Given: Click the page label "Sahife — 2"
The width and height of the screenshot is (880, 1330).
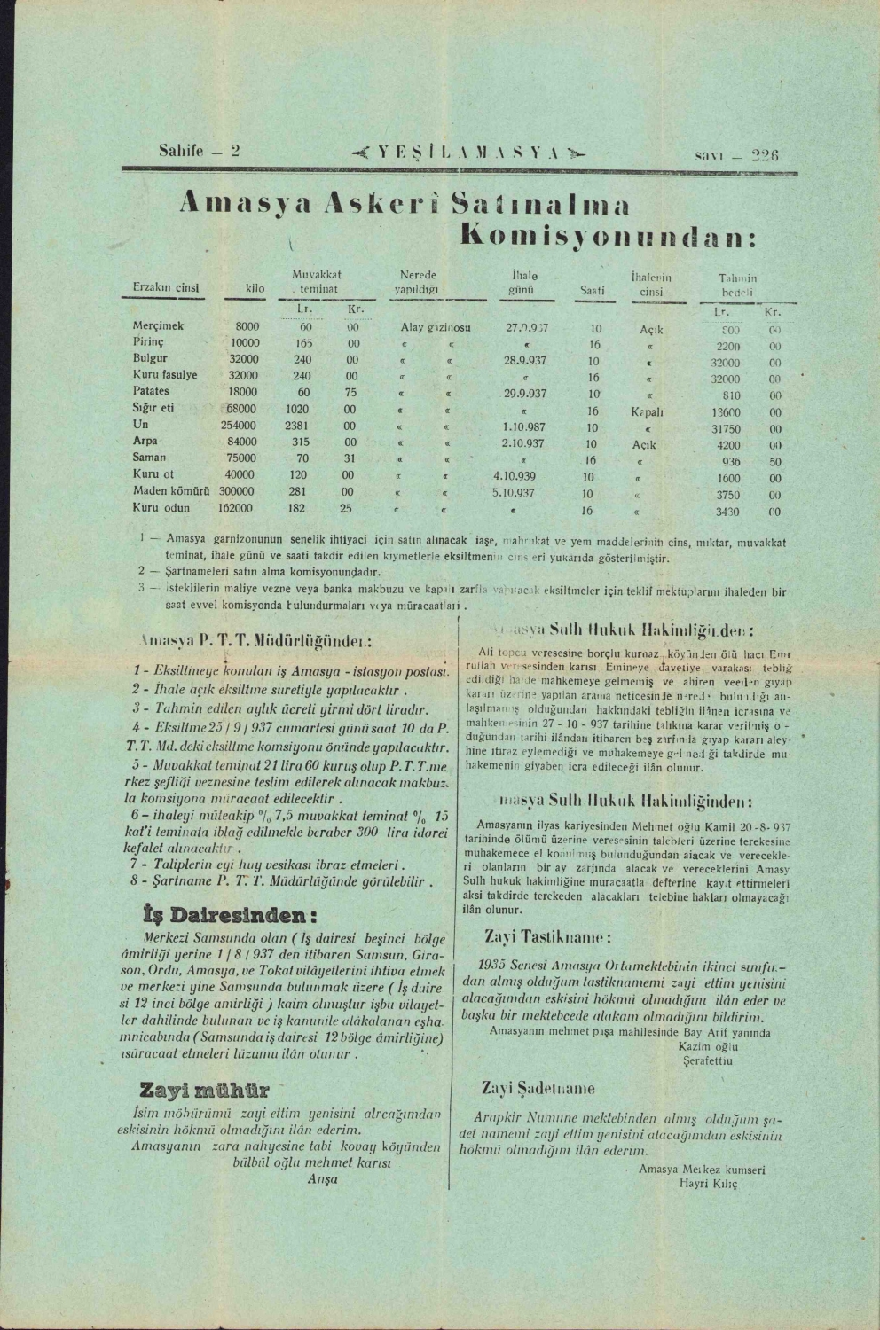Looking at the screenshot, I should (x=199, y=151).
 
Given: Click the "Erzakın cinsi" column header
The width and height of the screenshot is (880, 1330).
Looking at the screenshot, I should (x=166, y=288).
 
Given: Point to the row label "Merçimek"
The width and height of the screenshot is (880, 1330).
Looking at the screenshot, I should (x=158, y=326).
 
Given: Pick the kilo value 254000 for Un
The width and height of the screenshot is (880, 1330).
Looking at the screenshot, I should (x=239, y=426).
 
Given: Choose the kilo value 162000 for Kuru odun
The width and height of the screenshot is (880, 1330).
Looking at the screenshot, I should (x=235, y=508).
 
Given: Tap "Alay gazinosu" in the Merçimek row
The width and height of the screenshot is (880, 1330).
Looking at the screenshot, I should (x=436, y=328).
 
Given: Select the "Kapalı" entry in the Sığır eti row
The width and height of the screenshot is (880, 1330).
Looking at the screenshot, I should (x=648, y=411).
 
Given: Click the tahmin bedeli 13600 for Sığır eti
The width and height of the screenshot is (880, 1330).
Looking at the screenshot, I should (x=726, y=412).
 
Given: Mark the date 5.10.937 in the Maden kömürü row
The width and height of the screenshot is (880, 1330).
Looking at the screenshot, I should (x=514, y=492).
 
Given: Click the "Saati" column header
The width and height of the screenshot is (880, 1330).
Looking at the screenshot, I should (x=592, y=289).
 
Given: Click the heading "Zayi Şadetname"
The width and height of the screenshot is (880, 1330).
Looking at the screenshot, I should (x=538, y=1088).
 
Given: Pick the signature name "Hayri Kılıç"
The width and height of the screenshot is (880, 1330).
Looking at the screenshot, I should (x=708, y=1184).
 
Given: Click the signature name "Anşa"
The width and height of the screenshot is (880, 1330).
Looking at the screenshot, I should (x=316, y=1179).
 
